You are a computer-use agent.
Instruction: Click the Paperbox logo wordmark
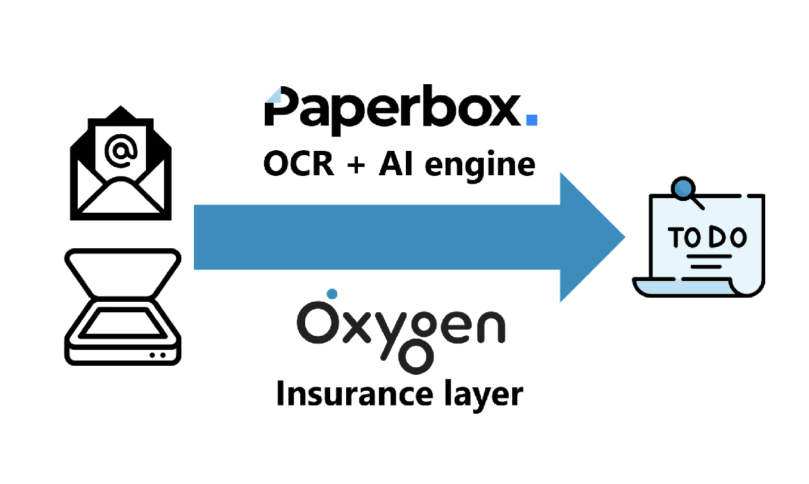point(393,108)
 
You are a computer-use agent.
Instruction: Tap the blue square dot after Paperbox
point(532,120)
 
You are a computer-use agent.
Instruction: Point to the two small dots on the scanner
point(158,355)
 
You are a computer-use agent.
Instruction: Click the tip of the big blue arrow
point(623,237)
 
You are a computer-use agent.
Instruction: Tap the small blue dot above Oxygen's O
point(332,293)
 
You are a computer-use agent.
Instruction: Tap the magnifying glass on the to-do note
point(686,189)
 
